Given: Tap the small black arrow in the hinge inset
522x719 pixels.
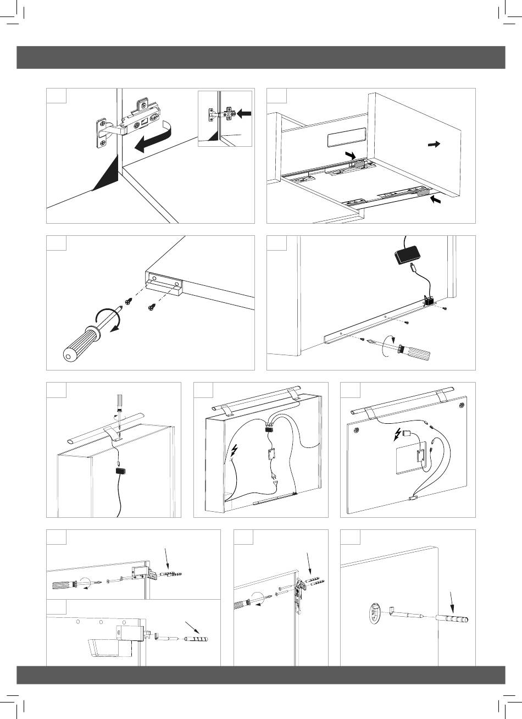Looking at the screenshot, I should pos(245,114).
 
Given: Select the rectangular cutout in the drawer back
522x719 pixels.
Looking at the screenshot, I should pos(346,137).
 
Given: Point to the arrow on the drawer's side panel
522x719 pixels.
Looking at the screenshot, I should pos(434,144).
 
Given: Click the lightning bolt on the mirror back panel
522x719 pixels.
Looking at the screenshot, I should pos(398,436).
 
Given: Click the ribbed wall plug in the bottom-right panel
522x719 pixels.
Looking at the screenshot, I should pos(452,619).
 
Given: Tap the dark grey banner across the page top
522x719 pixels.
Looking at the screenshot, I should pos(261,57).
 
